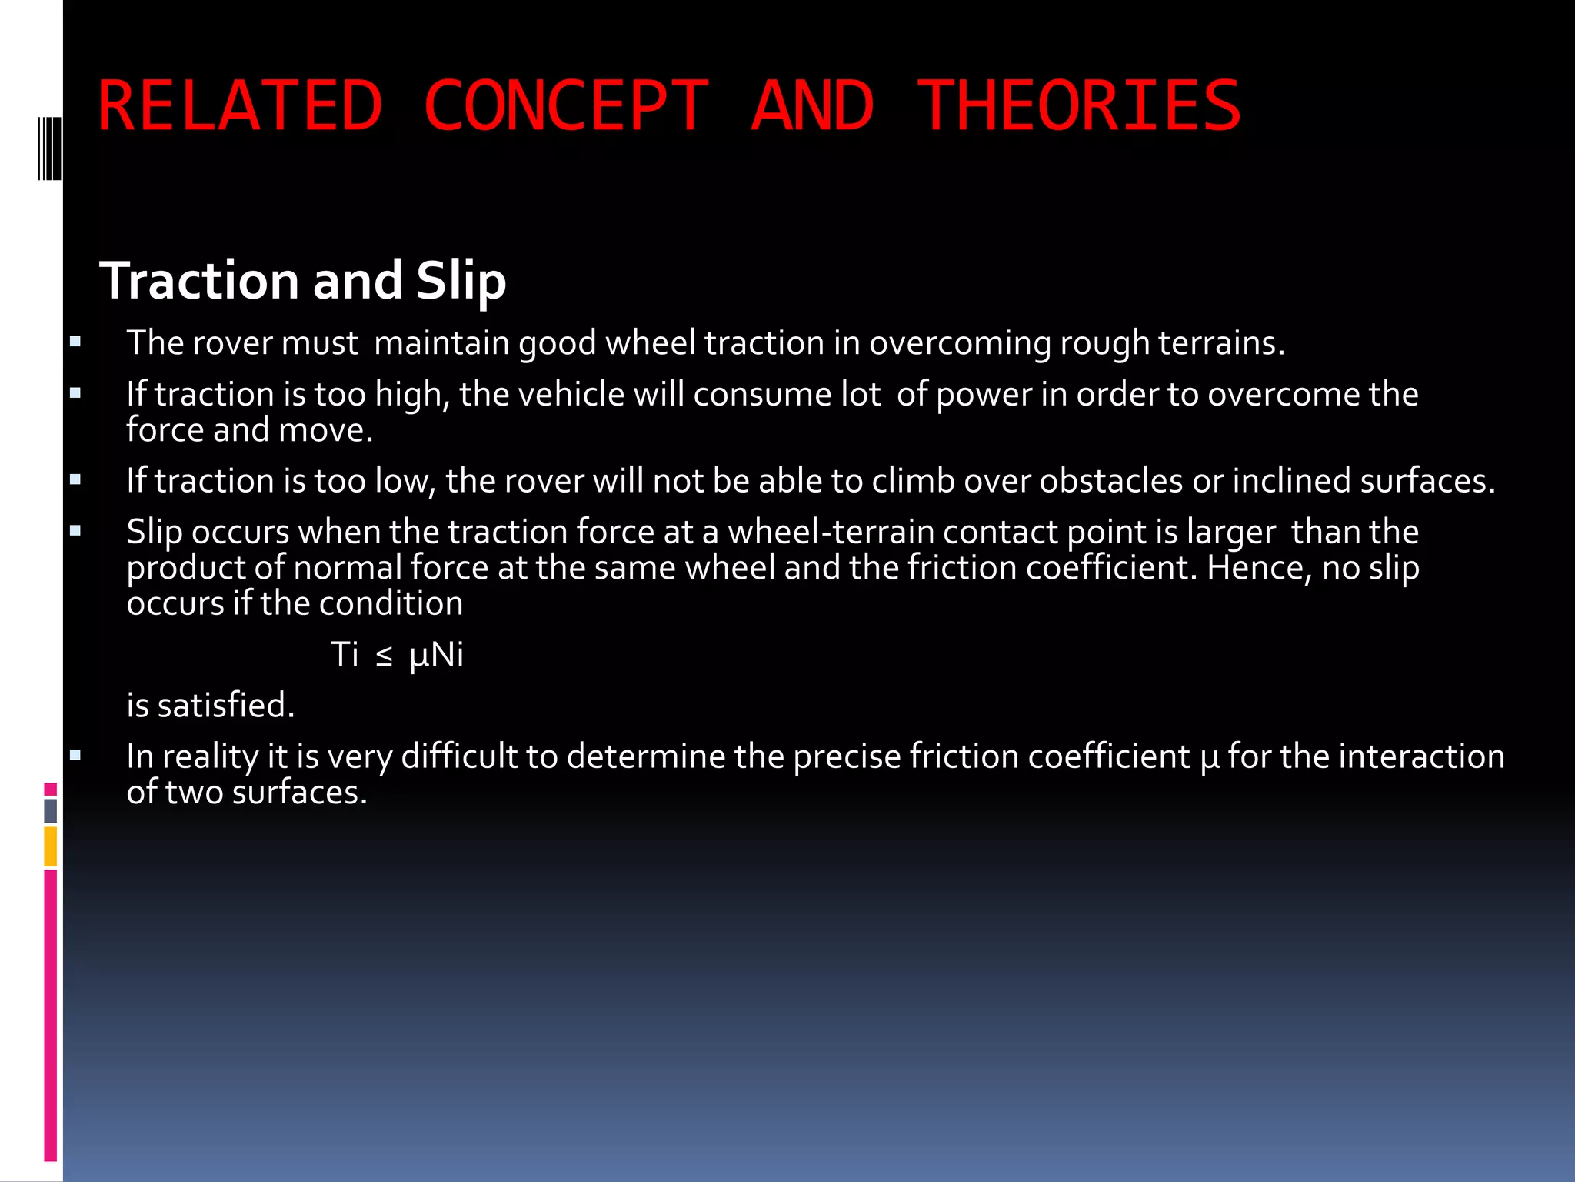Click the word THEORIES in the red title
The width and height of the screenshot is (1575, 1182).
pyautogui.click(x=1079, y=106)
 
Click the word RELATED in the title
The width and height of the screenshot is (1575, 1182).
pyautogui.click(x=240, y=106)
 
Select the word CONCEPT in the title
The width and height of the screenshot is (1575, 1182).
pyautogui.click(x=565, y=106)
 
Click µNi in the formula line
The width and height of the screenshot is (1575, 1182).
pyautogui.click(x=436, y=656)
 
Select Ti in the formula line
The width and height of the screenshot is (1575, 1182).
pyautogui.click(x=345, y=655)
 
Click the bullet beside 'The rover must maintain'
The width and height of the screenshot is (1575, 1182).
pyautogui.click(x=75, y=342)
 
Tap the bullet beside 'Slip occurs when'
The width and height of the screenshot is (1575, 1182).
pyautogui.click(x=75, y=530)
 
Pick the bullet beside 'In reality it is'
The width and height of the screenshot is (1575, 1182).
pyautogui.click(x=75, y=755)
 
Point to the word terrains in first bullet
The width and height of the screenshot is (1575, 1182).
pyautogui.click(x=1220, y=343)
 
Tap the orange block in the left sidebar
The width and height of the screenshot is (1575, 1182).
pyautogui.click(x=51, y=846)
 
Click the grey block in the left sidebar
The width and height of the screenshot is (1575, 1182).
pyautogui.click(x=51, y=811)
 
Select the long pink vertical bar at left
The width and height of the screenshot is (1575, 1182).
pyautogui.click(x=51, y=1016)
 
